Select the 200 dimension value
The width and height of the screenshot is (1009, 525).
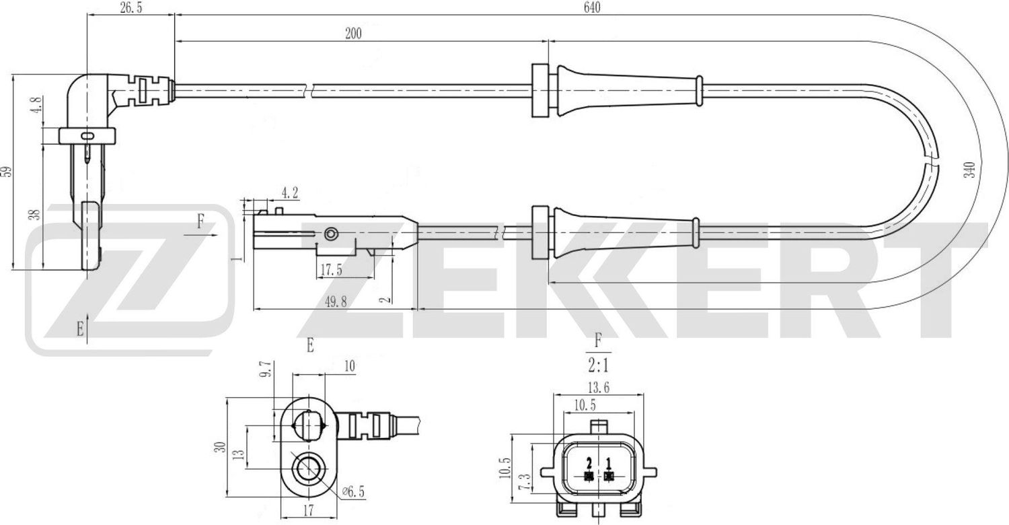pyautogui.click(x=352, y=34)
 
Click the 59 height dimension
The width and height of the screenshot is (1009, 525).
pyautogui.click(x=7, y=171)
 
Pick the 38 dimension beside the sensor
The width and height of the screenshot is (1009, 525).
pyautogui.click(x=36, y=214)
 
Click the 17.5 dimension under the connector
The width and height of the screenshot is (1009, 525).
pyautogui.click(x=331, y=270)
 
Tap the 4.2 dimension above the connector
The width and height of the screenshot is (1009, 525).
pyautogui.click(x=289, y=193)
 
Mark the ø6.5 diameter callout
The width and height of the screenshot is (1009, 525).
pyautogui.click(x=353, y=492)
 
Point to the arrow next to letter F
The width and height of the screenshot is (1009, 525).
pyautogui.click(x=208, y=236)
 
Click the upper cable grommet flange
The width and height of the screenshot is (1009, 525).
pyautogui.click(x=539, y=92)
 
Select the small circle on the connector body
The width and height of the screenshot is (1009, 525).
pyautogui.click(x=330, y=234)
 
